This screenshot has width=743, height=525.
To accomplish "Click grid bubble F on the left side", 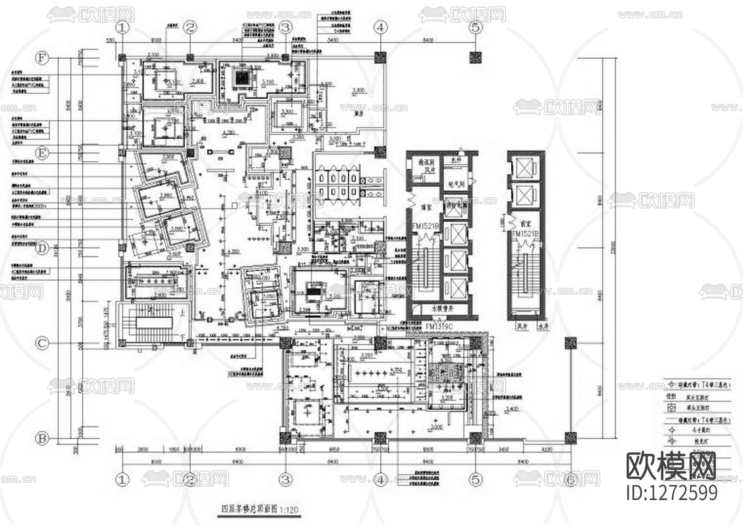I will (42, 58).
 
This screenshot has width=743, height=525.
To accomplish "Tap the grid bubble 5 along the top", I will (476, 28).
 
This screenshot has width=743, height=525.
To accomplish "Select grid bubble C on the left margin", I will (42, 343).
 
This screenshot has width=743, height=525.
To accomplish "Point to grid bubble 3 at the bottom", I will (285, 479).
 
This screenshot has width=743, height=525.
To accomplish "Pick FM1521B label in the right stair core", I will (525, 234).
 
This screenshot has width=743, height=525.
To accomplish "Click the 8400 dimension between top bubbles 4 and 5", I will (428, 40).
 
